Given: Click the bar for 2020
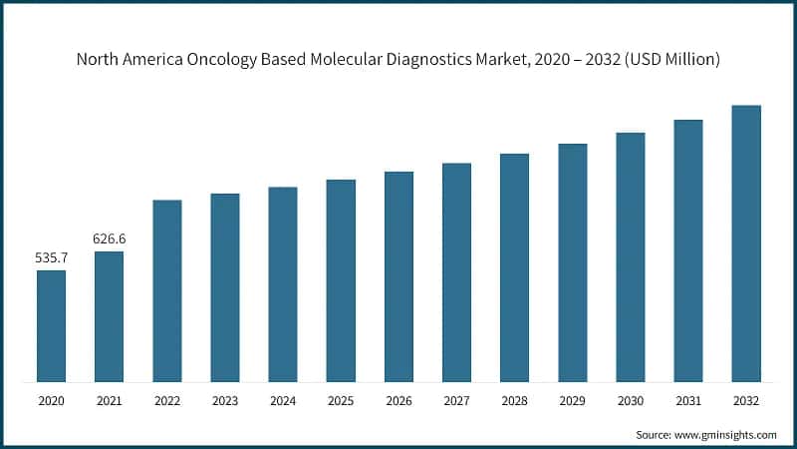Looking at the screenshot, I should click(x=52, y=325).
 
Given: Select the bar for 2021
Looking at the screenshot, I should click(x=110, y=316).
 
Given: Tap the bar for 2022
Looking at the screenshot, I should click(x=167, y=290).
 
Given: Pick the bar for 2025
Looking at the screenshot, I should click(x=341, y=280).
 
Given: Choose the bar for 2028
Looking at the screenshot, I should click(x=514, y=267).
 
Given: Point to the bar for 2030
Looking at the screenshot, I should click(x=630, y=256).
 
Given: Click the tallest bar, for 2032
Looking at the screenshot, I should click(x=746, y=243).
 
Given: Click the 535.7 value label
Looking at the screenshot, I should click(x=52, y=258).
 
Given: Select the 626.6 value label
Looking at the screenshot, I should click(x=110, y=239).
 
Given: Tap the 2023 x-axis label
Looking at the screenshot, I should click(x=225, y=401).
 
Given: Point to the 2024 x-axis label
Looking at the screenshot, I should click(x=283, y=401).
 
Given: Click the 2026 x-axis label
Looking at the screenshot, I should click(x=398, y=401).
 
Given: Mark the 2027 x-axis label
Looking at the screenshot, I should click(x=456, y=401).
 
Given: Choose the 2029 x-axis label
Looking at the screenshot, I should click(x=572, y=401).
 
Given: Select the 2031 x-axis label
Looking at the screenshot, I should click(x=687, y=401).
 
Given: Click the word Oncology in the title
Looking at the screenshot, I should click(x=211, y=60).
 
